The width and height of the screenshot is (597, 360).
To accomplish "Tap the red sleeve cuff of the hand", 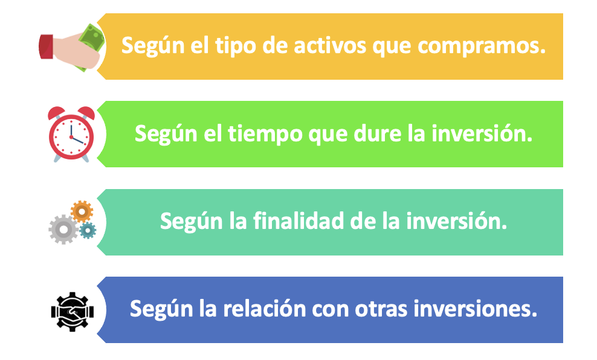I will [46, 46].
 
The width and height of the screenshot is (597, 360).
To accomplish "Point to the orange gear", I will [82, 211].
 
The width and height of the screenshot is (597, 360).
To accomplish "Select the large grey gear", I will [63, 228].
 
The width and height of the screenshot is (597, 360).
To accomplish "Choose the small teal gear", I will [88, 230].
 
